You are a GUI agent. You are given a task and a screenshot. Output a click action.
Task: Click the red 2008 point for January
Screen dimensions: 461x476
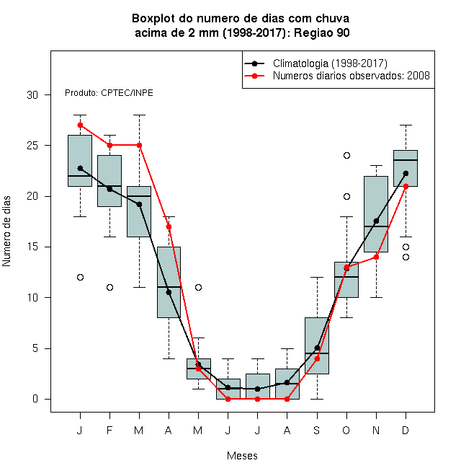80,125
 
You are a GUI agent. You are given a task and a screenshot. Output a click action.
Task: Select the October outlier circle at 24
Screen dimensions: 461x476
346,156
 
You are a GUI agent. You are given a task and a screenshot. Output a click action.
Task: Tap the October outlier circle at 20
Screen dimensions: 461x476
346,196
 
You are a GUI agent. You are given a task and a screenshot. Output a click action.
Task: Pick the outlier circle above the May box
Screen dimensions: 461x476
198,287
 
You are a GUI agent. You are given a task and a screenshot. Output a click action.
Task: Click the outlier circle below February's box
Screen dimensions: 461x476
109,287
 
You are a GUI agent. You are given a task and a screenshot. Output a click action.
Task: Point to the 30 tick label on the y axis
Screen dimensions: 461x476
32,95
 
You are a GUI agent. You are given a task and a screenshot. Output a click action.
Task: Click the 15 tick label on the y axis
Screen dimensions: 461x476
32,247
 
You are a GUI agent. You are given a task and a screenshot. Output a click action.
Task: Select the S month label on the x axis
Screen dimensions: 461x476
317,430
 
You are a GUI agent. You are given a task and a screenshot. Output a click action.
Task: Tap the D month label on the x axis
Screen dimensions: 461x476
406,430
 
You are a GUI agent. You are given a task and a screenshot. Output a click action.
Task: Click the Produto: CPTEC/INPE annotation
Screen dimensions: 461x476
109,93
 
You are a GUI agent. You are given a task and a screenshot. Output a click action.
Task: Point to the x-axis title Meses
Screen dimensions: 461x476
242,456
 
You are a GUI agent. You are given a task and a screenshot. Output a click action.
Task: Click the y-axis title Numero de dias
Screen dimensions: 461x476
6,232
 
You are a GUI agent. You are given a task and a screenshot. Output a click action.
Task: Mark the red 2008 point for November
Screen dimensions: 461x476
376,257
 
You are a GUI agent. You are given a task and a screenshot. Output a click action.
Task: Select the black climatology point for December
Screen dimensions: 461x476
406,173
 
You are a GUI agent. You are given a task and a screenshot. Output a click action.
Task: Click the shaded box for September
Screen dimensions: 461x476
317,345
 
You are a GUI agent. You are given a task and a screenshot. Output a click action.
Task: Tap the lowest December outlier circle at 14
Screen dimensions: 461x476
406,257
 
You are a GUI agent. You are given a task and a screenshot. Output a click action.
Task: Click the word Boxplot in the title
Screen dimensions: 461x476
153,19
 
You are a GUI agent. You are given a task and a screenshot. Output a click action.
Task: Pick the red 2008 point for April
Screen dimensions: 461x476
169,226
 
